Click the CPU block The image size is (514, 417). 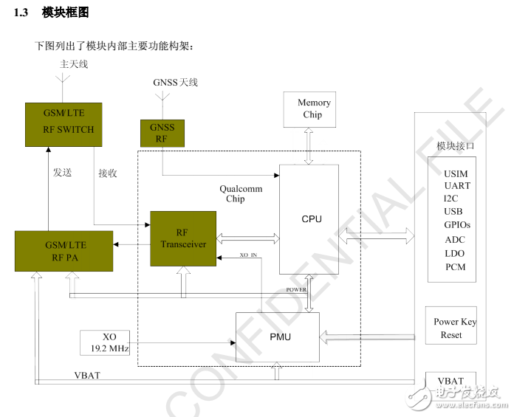point(312,219)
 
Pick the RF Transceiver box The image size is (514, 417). point(182,238)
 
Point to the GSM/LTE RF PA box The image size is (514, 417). point(64,250)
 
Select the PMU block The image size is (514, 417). point(277,337)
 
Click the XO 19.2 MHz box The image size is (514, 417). point(105,342)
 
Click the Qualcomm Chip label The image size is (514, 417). point(235,193)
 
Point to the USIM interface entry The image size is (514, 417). point(456,174)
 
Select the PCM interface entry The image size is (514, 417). point(456,266)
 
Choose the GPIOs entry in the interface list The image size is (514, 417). point(456,224)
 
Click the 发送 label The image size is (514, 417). point(62,173)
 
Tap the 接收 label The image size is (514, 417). point(108,173)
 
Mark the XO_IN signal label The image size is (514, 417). point(249,255)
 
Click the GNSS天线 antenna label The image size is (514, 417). point(175,83)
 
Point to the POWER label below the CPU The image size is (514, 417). point(296,290)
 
